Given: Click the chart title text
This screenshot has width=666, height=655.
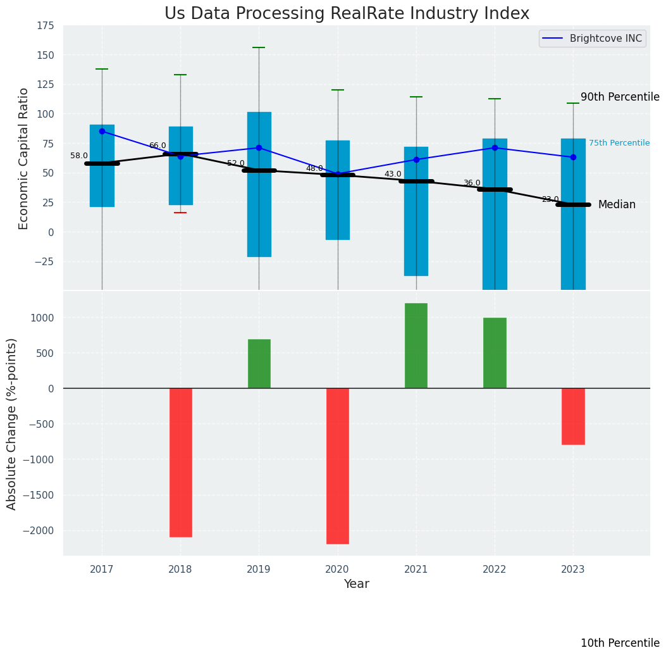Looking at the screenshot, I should click(347, 14).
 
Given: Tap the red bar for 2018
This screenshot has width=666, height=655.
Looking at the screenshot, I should click(180, 463).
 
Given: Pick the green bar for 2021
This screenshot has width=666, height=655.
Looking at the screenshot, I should click(416, 346).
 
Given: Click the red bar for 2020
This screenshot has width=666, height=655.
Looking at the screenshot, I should click(338, 466).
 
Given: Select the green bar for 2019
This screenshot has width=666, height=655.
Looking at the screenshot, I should click(259, 364).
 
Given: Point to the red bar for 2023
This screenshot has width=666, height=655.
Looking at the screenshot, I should click(573, 416).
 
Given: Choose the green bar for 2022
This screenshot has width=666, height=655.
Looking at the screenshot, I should click(495, 353).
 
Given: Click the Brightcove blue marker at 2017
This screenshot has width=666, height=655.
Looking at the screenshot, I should click(102, 131).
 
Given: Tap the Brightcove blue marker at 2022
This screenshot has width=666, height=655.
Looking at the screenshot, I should click(495, 147).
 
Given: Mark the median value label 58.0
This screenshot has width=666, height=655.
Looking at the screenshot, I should click(79, 156).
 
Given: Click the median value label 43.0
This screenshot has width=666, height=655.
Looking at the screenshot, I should click(393, 174).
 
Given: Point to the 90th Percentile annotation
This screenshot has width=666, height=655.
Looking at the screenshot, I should click(620, 97).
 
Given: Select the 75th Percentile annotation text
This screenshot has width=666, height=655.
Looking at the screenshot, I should click(619, 143).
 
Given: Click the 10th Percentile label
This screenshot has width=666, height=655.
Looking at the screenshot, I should click(620, 643).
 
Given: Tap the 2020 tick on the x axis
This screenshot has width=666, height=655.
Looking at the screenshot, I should click(338, 570).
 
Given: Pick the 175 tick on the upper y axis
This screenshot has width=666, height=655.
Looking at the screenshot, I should click(45, 27).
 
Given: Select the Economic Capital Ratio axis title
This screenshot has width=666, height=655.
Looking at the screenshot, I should click(24, 158).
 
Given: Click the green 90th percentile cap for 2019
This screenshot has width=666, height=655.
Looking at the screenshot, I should click(259, 47).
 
